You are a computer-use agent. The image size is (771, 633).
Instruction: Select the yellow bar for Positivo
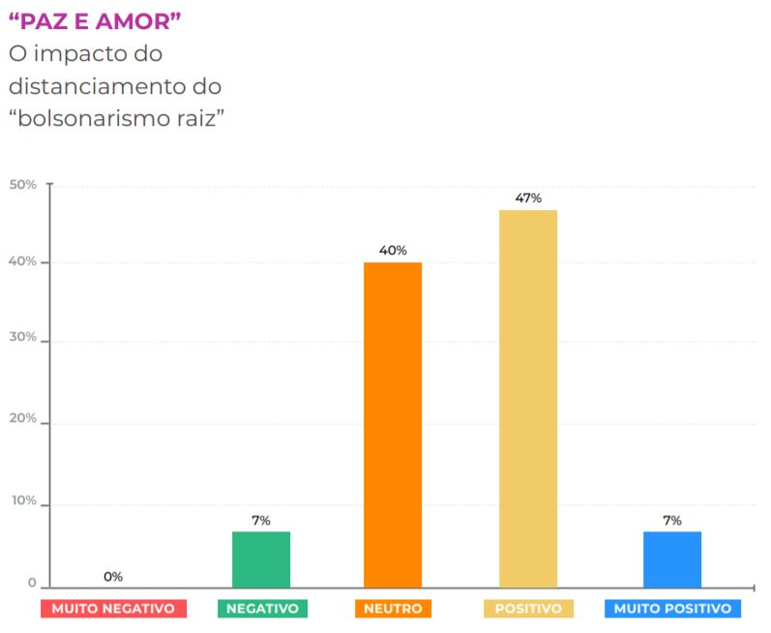pyautogui.click(x=528, y=398)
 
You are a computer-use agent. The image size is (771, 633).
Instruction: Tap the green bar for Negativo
pyautogui.click(x=261, y=558)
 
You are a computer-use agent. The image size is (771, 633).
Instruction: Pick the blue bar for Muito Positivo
pyautogui.click(x=672, y=558)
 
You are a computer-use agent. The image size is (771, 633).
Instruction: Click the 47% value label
pyautogui.click(x=528, y=198)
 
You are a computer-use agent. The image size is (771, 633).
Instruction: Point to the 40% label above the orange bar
pyautogui.click(x=393, y=251)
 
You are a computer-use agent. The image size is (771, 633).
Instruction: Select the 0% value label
pyautogui.click(x=113, y=577)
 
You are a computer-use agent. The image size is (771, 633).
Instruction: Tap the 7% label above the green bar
pyautogui.click(x=261, y=521)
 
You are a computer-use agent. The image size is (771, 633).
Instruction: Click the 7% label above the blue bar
pyautogui.click(x=672, y=521)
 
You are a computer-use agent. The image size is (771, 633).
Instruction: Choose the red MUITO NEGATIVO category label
pyautogui.click(x=113, y=609)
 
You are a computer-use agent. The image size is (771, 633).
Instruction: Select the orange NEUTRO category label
pyautogui.click(x=393, y=609)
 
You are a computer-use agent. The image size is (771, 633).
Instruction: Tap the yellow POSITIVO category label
pyautogui.click(x=528, y=609)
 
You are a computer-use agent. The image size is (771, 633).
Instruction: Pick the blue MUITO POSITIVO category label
pyautogui.click(x=672, y=609)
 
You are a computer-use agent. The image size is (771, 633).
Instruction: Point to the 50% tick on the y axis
pyautogui.click(x=23, y=184)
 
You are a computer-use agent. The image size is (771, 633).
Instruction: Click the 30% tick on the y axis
pyautogui.click(x=23, y=339)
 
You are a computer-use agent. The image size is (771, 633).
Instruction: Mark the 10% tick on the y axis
pyautogui.click(x=23, y=501)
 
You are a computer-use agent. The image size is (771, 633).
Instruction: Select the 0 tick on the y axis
pyautogui.click(x=32, y=584)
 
